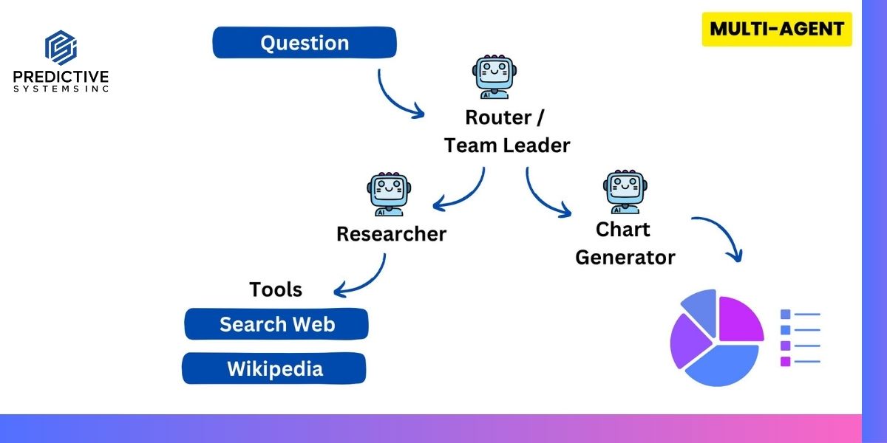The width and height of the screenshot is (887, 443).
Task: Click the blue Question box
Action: [305, 43]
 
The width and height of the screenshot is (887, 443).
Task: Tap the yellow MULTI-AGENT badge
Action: [777, 30]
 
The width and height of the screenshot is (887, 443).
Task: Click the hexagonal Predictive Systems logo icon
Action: [61, 48]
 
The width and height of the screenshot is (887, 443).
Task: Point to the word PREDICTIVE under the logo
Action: [61, 77]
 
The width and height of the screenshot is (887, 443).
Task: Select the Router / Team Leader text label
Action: [507, 131]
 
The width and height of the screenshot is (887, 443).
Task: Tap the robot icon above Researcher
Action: [387, 195]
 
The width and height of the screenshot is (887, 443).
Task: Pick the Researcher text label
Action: [391, 234]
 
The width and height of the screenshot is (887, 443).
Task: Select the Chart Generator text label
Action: [625, 243]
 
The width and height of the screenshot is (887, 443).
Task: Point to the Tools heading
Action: [276, 289]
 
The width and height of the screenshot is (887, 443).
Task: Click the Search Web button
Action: [276, 324]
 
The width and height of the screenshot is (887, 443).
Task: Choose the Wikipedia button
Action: [274, 368]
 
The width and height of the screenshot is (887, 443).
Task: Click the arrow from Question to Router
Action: [395, 96]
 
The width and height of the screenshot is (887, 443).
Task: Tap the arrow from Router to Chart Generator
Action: [543, 196]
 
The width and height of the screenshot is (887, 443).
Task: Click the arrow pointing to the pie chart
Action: [721, 233]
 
